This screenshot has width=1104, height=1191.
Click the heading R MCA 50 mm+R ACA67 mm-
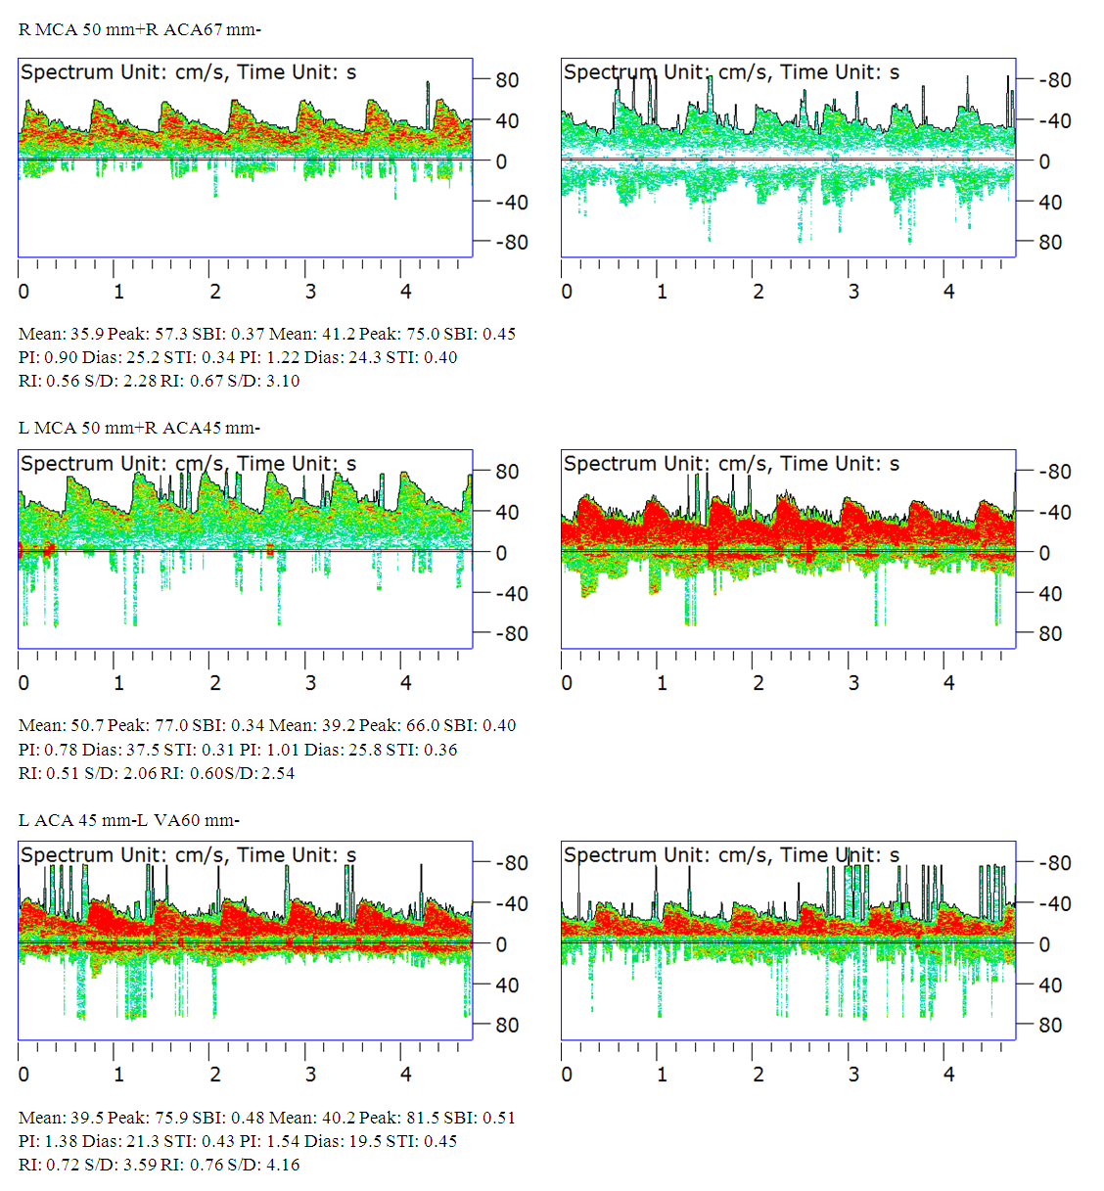[x=139, y=29]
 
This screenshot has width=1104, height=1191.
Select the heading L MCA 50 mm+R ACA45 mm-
[x=139, y=428]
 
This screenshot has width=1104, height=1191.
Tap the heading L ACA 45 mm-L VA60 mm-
[x=128, y=820]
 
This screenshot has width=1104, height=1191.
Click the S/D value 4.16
[x=282, y=1165]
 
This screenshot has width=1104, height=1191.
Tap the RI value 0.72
[x=63, y=1165]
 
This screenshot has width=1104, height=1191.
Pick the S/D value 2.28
[x=140, y=381]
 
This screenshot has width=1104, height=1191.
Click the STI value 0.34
[x=218, y=357]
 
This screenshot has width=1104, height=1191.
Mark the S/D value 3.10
[x=282, y=381]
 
